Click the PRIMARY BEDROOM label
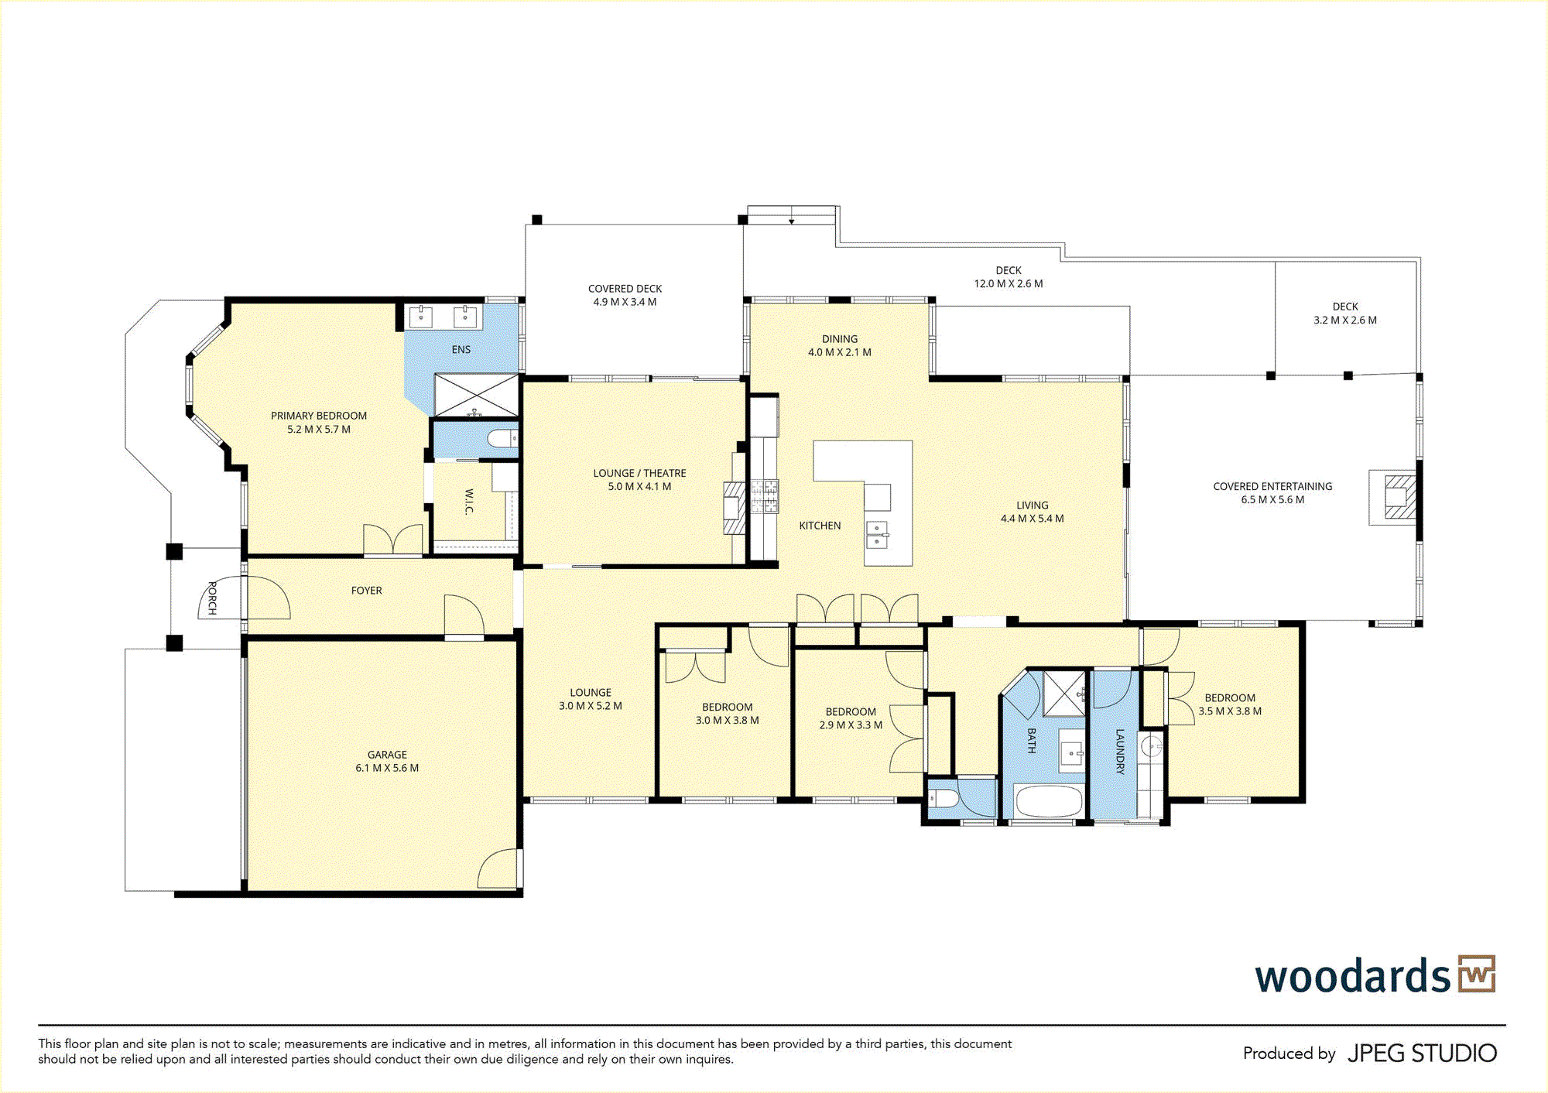[319, 416]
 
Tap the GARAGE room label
[387, 755]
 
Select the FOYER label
[367, 591]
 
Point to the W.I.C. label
[469, 502]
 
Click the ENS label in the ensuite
[461, 350]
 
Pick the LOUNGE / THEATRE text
[639, 473]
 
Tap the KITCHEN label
[820, 526]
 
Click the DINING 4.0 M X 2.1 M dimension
[840, 352]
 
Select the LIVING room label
[1033, 505]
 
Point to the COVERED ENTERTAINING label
[1272, 487]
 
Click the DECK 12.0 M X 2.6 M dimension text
[1009, 284]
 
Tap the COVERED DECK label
[625, 289]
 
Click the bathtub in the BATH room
[1048, 801]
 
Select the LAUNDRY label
[1119, 752]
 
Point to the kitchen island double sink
[877, 535]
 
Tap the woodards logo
[1375, 975]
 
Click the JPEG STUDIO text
[1422, 1054]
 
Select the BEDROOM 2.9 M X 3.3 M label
[851, 718]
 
